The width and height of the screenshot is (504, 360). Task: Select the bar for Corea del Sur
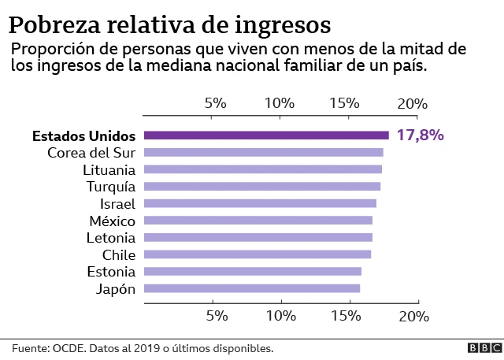coord(264,152)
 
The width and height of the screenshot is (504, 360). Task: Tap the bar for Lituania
coord(263,169)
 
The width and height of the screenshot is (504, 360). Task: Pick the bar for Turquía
coord(262,187)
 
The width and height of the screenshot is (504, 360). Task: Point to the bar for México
coord(258,221)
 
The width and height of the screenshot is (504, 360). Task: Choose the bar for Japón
coord(252,288)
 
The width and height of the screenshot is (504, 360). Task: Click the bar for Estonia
coord(253,271)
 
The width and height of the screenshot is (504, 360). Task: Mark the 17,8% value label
coord(420,135)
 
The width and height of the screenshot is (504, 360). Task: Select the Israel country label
coord(118,203)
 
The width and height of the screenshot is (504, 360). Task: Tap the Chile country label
coord(119,254)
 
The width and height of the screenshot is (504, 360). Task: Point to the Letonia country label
coord(111,237)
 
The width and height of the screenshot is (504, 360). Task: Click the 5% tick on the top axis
coord(215,103)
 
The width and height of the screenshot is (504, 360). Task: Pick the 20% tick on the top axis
coord(413,103)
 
